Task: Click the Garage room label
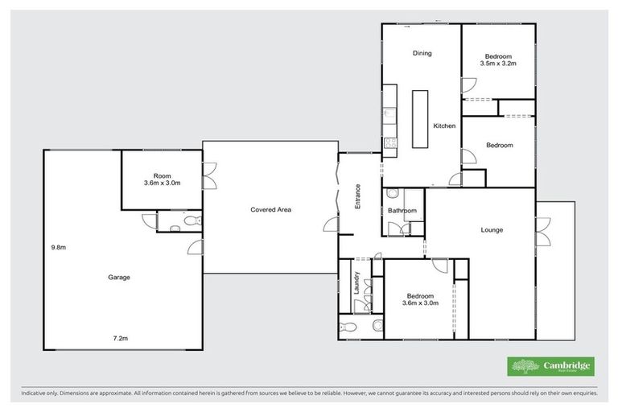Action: (x=119, y=277)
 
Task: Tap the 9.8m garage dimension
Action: (x=58, y=247)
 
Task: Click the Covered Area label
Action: (x=270, y=210)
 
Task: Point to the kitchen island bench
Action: (x=420, y=118)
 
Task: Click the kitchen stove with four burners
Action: (x=389, y=144)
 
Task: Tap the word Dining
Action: (x=422, y=54)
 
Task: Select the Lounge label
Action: (x=492, y=230)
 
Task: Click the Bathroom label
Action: (x=402, y=211)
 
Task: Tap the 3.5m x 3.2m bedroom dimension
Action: (x=497, y=62)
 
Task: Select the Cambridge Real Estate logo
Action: (x=550, y=366)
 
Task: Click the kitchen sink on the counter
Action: (x=389, y=113)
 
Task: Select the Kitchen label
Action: (x=444, y=126)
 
